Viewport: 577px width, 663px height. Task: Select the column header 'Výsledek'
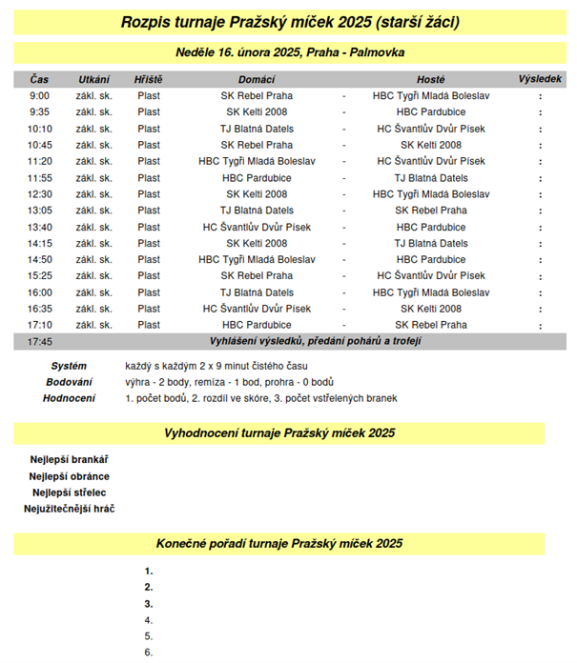coord(540,79)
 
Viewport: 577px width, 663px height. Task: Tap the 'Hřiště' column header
coord(149,79)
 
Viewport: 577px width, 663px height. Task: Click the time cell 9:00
coord(40,96)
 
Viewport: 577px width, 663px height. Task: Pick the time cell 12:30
coord(40,194)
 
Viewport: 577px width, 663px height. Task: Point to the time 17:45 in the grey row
coord(40,341)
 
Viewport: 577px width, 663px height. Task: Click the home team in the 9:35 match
coord(257,112)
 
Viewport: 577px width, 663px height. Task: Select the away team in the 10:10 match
coord(431,129)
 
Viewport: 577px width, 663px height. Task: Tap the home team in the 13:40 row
coord(257,227)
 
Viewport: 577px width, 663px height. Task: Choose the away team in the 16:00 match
coord(431,292)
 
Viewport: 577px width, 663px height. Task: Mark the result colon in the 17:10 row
coord(540,325)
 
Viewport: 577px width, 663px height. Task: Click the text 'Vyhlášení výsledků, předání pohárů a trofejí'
coord(316,341)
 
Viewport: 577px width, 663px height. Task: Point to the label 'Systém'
coord(69,366)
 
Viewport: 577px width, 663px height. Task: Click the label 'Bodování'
coord(69,382)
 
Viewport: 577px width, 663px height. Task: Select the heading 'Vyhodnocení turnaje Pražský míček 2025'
coord(279,433)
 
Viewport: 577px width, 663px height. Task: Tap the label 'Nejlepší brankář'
coord(69,460)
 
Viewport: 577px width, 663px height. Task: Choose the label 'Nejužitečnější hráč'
coord(69,509)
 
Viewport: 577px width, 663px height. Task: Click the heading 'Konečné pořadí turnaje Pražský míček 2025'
coord(279,544)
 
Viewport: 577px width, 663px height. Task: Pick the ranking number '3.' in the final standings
coord(149,604)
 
